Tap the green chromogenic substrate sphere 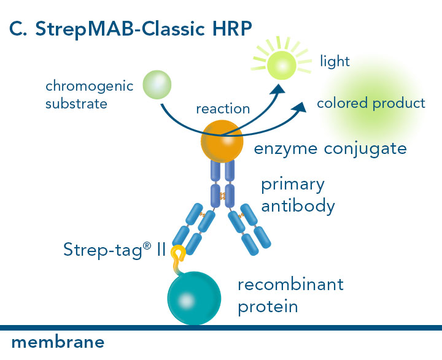click(x=158, y=85)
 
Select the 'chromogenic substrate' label click(x=89, y=94)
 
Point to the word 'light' click(x=335, y=61)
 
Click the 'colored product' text click(x=371, y=103)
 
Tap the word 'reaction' click(x=223, y=109)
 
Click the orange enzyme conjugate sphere click(x=222, y=140)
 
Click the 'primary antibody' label click(x=298, y=195)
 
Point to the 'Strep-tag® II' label click(x=114, y=250)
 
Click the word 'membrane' click(x=58, y=342)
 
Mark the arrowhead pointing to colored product click(x=300, y=109)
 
